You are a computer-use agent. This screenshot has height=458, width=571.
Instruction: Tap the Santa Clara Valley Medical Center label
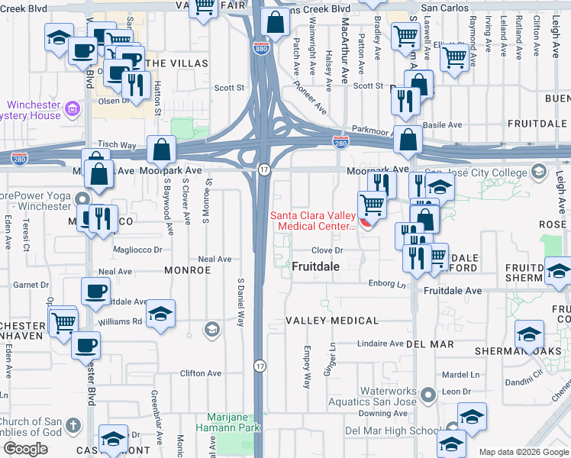point(313,221)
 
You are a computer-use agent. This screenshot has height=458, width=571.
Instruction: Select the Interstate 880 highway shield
point(261,47)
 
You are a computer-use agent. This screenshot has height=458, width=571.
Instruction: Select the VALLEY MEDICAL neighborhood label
point(332,321)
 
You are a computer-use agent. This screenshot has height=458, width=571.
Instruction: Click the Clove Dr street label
point(329,250)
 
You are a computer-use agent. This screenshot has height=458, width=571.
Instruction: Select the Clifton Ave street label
point(200,373)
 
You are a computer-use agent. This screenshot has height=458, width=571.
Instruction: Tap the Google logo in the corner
point(25,449)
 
